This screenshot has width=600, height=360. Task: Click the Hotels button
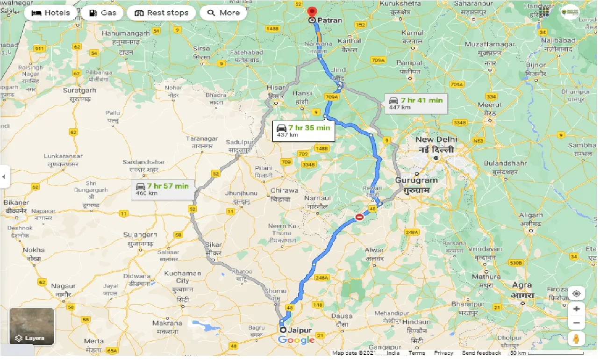click(x=50, y=13)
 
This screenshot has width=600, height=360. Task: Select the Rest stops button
click(x=162, y=13)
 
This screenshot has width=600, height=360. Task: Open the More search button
click(x=223, y=13)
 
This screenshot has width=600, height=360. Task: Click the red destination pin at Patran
click(x=312, y=11)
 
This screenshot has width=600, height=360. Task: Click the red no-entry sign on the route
click(x=359, y=217)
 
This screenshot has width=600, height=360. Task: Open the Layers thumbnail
click(x=32, y=326)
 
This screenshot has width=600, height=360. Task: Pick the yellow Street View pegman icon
click(x=577, y=339)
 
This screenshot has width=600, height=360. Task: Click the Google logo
click(x=296, y=340)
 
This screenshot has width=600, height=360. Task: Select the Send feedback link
click(x=481, y=353)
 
